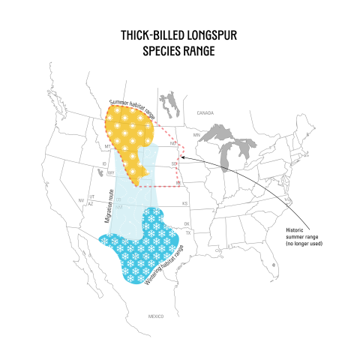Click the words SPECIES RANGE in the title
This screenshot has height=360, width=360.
(x=179, y=51)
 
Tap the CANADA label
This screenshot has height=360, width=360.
(x=205, y=112)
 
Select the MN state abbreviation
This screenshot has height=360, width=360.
(x=196, y=135)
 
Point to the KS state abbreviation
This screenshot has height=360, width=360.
(x=184, y=203)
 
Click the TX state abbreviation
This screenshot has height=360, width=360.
(x=188, y=232)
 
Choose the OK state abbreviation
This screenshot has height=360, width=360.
(x=187, y=223)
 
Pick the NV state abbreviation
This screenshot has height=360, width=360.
(x=81, y=201)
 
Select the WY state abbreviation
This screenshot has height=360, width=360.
(x=110, y=172)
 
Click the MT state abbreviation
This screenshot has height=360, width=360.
(x=108, y=145)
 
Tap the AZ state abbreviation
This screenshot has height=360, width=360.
(x=90, y=203)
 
